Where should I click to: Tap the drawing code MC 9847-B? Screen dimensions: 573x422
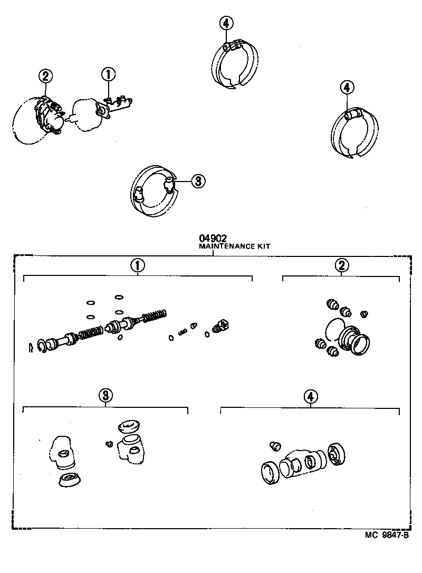[387, 534]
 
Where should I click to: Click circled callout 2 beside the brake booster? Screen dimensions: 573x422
[45, 77]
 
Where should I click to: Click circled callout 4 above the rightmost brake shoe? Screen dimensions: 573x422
[346, 88]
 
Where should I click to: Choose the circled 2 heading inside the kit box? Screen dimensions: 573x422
[342, 265]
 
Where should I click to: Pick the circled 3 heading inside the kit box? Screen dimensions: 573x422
[105, 395]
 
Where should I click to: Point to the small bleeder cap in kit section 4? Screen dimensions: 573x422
[274, 446]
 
